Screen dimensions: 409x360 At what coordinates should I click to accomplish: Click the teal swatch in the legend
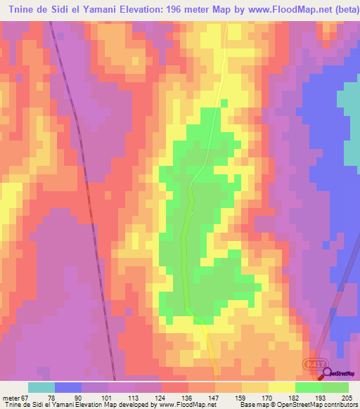pos(41,387)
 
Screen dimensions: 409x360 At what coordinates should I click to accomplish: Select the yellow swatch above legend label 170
pos(255,387)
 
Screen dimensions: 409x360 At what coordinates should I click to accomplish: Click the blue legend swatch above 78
pos(68,387)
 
